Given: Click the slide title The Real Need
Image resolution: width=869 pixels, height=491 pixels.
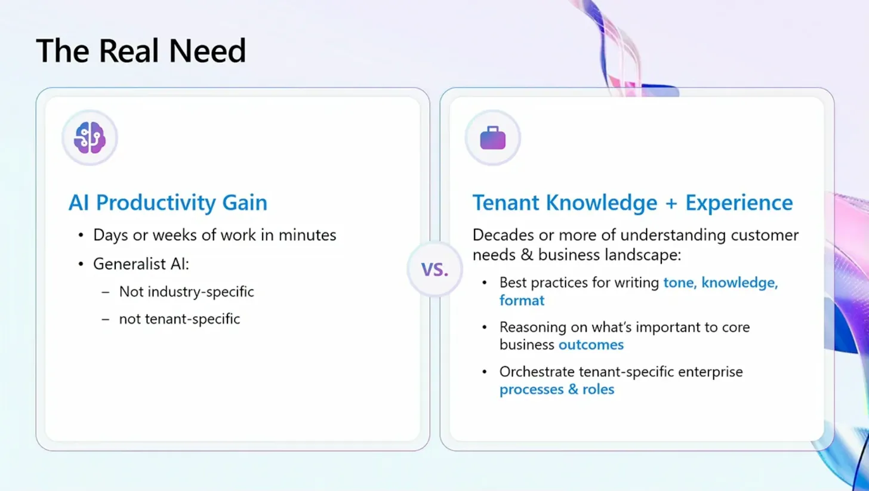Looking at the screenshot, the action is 141,51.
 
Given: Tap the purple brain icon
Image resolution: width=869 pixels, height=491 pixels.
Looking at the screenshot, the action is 90,138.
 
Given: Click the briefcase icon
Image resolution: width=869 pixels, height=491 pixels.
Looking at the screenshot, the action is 493,138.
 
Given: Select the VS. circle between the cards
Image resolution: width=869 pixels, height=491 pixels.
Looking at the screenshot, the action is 434,269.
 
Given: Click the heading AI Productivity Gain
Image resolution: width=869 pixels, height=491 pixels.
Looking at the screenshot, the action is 168,203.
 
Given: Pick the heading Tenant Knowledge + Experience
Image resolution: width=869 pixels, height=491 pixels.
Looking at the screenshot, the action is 633,203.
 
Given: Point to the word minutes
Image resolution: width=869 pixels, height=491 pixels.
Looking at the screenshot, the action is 307,235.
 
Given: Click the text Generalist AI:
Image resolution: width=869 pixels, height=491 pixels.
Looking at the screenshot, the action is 141,264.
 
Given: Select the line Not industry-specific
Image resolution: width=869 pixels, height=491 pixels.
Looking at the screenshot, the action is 187,292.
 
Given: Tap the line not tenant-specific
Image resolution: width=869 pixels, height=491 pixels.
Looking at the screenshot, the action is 180,319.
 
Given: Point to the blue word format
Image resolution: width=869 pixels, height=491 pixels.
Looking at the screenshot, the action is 522,301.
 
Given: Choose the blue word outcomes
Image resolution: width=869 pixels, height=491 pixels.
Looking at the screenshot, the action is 591,345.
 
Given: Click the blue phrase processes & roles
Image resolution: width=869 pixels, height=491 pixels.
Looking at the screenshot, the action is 557,390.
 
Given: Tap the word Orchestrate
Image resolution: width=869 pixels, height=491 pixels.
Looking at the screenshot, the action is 537,372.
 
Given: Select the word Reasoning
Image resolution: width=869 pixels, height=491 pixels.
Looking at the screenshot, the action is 532,328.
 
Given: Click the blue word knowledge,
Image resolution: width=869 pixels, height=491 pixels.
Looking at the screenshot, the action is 739,283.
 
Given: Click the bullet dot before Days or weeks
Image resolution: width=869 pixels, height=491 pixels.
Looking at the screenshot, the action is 81,236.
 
